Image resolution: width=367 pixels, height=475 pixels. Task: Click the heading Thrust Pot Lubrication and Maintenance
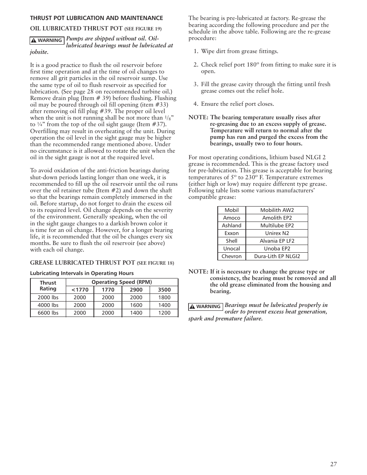(x=97, y=18)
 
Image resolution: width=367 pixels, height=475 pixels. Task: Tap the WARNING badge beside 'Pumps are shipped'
(x=47, y=40)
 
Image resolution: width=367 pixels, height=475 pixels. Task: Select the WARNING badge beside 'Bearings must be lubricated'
(x=205, y=307)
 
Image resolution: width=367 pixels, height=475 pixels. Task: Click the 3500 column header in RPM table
(x=164, y=290)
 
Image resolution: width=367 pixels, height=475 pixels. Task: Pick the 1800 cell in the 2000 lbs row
(x=164, y=297)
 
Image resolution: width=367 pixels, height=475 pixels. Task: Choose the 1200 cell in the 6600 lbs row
(x=164, y=313)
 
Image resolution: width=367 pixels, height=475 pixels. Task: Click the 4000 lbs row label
(x=48, y=305)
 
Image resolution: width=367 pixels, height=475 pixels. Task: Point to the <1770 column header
(x=80, y=290)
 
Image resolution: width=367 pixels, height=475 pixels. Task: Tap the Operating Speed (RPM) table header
(x=122, y=282)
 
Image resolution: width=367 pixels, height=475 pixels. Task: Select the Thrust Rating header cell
(x=48, y=286)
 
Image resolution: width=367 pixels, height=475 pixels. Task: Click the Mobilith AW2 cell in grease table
(x=277, y=210)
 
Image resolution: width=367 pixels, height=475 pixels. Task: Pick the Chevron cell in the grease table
(x=232, y=256)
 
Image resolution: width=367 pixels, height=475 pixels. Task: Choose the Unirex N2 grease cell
(x=277, y=233)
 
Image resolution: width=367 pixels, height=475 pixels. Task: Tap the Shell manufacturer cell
(x=232, y=241)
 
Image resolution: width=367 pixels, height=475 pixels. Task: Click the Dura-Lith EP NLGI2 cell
(x=277, y=256)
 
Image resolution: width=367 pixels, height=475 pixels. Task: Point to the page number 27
(x=333, y=464)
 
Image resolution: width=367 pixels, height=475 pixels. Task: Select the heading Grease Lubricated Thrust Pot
(x=83, y=263)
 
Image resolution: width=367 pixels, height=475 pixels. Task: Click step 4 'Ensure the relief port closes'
(x=237, y=104)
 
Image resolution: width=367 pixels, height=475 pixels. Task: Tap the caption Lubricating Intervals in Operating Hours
(x=82, y=273)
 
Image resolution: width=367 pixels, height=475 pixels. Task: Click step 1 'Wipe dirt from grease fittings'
(x=239, y=51)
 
